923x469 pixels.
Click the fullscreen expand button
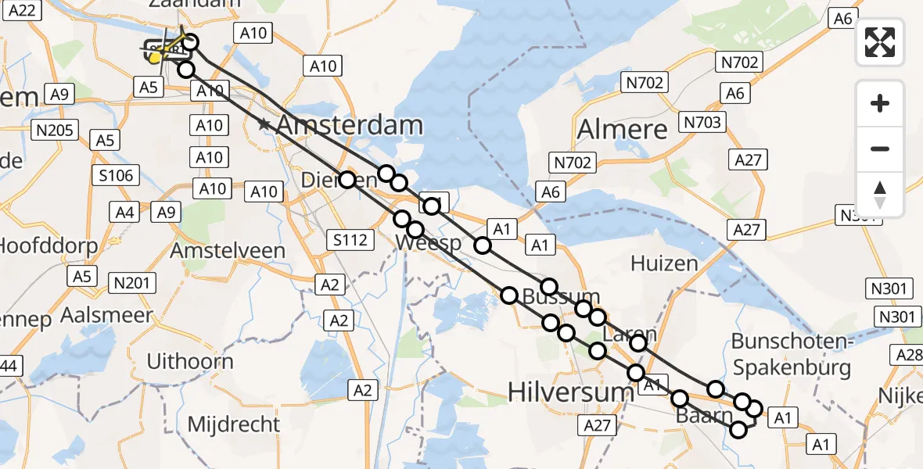[880, 41]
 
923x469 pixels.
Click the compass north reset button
[880, 194]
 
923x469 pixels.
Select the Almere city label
[623, 129]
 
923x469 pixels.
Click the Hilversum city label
[571, 392]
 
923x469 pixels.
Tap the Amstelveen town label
[228, 251]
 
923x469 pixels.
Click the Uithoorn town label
[190, 361]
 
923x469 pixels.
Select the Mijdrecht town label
[233, 424]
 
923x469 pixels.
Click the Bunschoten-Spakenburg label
[790, 353]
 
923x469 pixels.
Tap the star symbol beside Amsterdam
[264, 124]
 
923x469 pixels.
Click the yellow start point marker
[156, 57]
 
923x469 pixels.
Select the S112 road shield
[350, 240]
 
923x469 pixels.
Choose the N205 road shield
[56, 130]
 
